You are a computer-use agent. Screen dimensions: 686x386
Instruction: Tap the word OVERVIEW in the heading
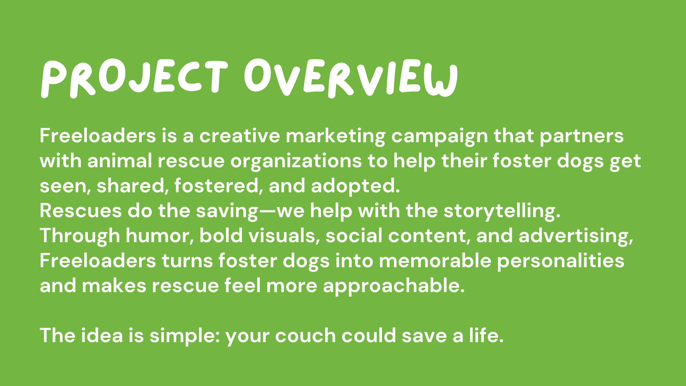pos(351,78)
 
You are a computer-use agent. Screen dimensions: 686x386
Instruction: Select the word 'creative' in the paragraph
pos(240,136)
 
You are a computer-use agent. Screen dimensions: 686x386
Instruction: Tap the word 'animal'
pos(120,161)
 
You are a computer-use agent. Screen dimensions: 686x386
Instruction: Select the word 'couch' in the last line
pos(305,335)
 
